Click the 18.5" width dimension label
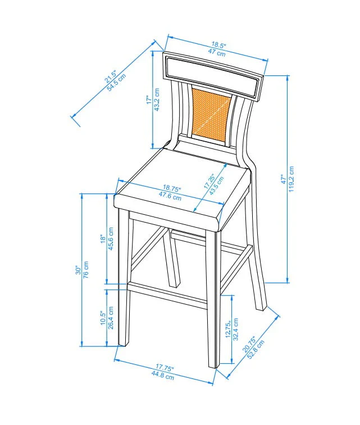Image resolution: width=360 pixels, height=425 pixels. pos(219,45)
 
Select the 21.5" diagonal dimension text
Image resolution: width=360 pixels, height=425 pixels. pos(111,77)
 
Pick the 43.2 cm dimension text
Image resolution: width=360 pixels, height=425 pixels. pos(157,100)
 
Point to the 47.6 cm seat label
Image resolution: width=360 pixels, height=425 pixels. pos(170,197)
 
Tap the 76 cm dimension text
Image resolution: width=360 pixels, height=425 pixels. pos(86,270)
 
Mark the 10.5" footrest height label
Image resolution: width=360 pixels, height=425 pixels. pos(103,318)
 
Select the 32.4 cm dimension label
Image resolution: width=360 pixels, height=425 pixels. pos(235,332)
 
